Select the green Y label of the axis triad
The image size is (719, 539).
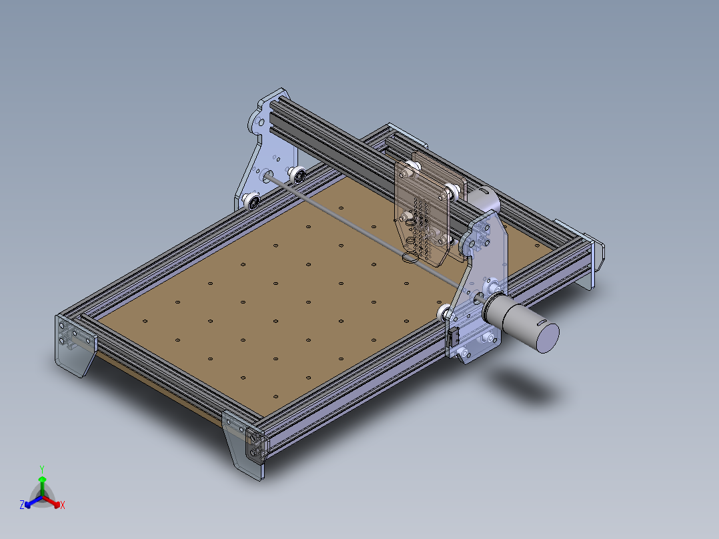tap(42, 469)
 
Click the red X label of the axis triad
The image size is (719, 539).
tap(62, 506)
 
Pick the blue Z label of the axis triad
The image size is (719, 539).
tap(22, 506)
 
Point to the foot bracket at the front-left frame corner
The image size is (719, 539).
tap(72, 348)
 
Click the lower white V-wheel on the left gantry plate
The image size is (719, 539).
tap(253, 200)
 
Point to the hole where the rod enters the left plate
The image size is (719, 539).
tap(268, 177)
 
